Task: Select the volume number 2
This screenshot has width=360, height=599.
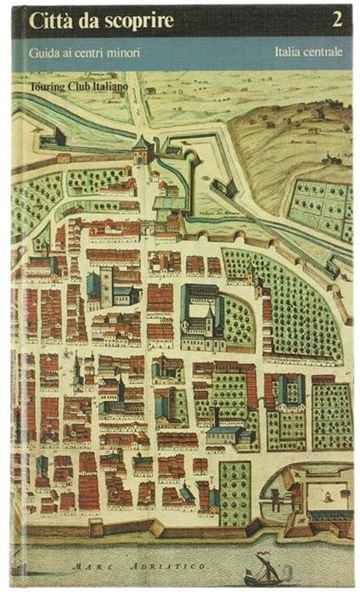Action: tap(338, 19)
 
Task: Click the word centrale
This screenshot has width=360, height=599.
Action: tap(326, 52)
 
